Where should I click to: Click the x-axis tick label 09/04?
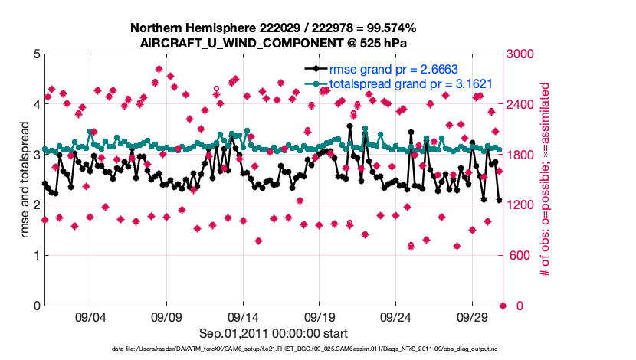pyautogui.click(x=90, y=316)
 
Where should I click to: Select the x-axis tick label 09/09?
pyautogui.click(x=166, y=316)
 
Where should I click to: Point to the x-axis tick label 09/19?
pyautogui.click(x=320, y=316)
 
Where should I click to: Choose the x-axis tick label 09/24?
pyautogui.click(x=396, y=316)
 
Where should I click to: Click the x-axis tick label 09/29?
pyautogui.click(x=473, y=316)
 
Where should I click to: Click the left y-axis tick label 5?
pyautogui.click(x=37, y=54)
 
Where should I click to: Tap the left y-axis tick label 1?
pyautogui.click(x=37, y=255)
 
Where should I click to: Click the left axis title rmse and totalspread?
pyautogui.click(x=25, y=179)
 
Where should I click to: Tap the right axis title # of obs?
pyautogui.click(x=546, y=179)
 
